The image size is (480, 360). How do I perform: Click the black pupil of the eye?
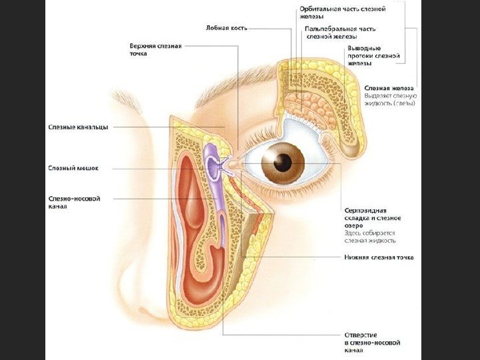coord(284,161)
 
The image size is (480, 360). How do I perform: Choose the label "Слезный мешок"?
coord(73,168)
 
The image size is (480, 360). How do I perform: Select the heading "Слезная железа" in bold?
coord(389,88)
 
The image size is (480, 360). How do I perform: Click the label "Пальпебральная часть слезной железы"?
coord(343,33)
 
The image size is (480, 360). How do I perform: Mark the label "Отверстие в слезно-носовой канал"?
coord(371,341)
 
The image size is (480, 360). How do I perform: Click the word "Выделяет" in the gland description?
coord(377,96)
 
